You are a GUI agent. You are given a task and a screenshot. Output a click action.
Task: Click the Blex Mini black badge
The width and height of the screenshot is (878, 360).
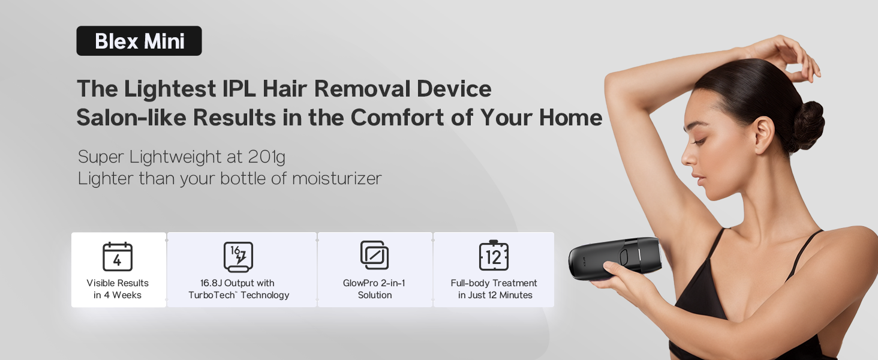139,41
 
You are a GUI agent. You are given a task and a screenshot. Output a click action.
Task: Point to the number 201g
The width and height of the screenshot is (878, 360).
266,157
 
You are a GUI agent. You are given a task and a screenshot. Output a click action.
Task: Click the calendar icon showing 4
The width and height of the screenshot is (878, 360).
118,257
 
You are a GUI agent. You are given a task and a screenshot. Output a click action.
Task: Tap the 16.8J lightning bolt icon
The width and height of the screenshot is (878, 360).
238,257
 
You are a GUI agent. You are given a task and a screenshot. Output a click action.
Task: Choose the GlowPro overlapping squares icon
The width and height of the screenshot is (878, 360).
374,255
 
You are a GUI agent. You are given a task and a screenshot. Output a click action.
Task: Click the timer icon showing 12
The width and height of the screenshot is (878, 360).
494,256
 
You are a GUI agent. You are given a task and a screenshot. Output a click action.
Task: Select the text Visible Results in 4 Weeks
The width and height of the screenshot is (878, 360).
118,289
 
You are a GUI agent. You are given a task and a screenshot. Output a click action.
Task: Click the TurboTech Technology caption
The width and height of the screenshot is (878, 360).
239,295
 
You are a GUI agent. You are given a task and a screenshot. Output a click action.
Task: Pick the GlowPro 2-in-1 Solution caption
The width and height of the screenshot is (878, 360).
374,289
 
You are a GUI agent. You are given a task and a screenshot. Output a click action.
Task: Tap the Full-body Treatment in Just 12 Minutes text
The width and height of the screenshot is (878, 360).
494,289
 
